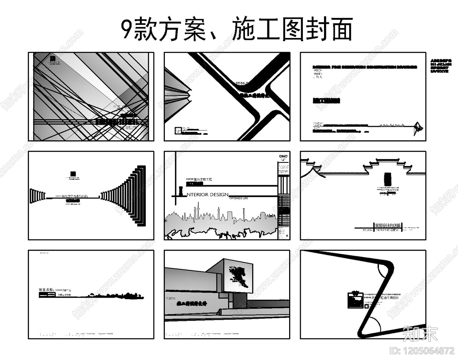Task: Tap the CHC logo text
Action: (x=283, y=156)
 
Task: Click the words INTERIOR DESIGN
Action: (x=207, y=195)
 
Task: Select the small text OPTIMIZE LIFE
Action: (x=238, y=198)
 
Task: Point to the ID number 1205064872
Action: (x=422, y=351)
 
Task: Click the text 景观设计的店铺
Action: (x=388, y=225)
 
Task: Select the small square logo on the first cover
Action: (x=52, y=58)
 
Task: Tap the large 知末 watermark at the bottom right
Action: (x=420, y=333)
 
